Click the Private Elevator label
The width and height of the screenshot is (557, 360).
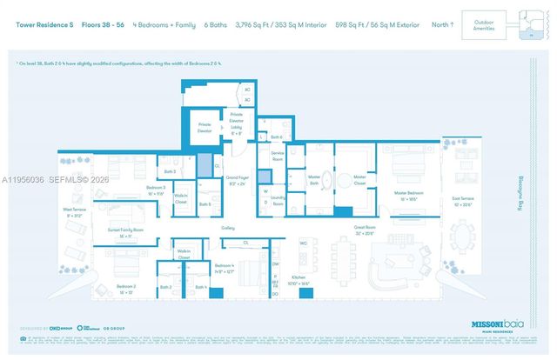pos(205,127)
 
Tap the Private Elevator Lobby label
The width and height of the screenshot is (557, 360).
pos(236,123)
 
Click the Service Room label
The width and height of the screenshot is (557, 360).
pos(278,157)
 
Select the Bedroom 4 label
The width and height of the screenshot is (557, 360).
pos(225,268)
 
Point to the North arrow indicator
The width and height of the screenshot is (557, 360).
pos(442,24)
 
